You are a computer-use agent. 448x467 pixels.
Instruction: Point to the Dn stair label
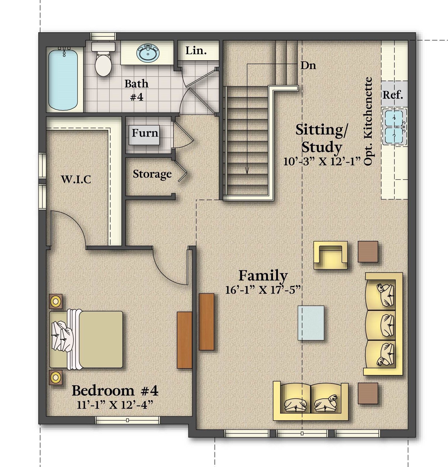click(308, 65)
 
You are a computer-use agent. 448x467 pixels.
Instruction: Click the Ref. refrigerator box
click(393, 94)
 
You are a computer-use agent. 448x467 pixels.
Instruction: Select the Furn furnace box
click(145, 135)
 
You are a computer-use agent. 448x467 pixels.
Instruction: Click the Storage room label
click(152, 174)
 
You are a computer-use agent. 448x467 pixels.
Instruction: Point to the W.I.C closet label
click(76, 179)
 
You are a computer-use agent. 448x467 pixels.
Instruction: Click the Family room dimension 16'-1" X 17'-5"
click(263, 290)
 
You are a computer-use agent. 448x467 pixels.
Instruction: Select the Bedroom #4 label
click(115, 390)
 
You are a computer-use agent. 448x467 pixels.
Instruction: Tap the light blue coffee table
click(311, 323)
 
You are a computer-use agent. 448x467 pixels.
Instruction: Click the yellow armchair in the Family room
click(331, 254)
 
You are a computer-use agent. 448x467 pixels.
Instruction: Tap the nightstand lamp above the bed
click(55, 301)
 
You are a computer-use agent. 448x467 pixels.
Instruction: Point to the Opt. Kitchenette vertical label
click(368, 121)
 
